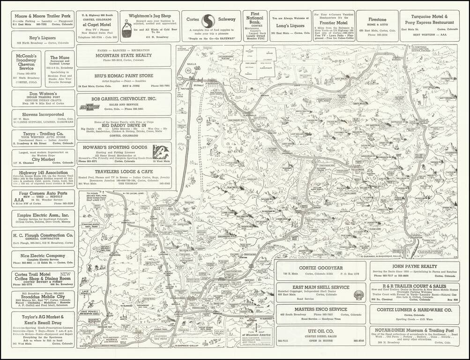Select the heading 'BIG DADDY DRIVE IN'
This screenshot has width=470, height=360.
(124, 126)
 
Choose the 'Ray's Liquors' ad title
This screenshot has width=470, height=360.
(43, 37)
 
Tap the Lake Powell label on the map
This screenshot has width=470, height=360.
(86, 293)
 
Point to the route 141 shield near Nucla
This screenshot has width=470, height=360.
(180, 74)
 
